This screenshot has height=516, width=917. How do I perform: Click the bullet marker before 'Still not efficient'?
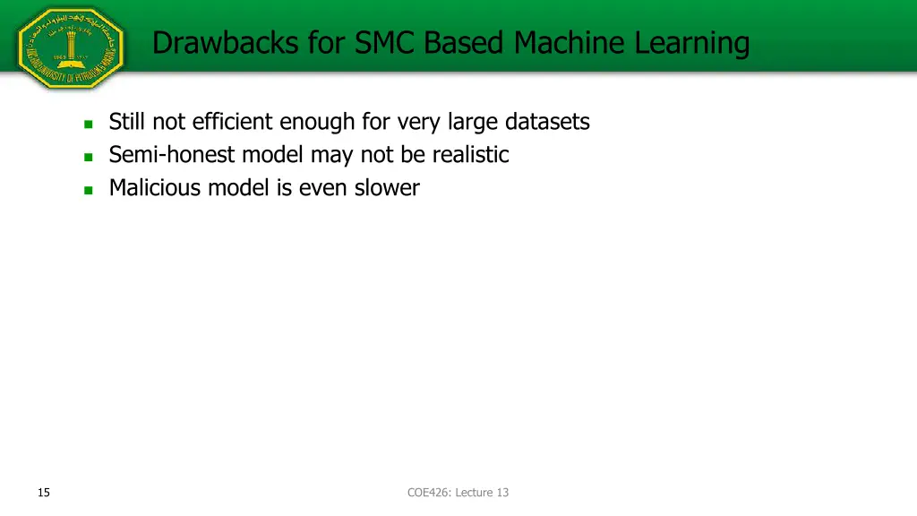pos(88,124)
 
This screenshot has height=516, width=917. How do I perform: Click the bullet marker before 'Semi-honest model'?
pos(88,157)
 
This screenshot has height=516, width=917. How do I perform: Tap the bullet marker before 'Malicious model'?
pos(88,190)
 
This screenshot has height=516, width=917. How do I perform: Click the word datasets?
pos(547,121)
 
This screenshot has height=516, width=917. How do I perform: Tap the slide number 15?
pos(44,492)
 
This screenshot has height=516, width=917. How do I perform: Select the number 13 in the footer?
pos(502,492)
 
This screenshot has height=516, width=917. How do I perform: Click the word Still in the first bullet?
pos(128,121)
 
